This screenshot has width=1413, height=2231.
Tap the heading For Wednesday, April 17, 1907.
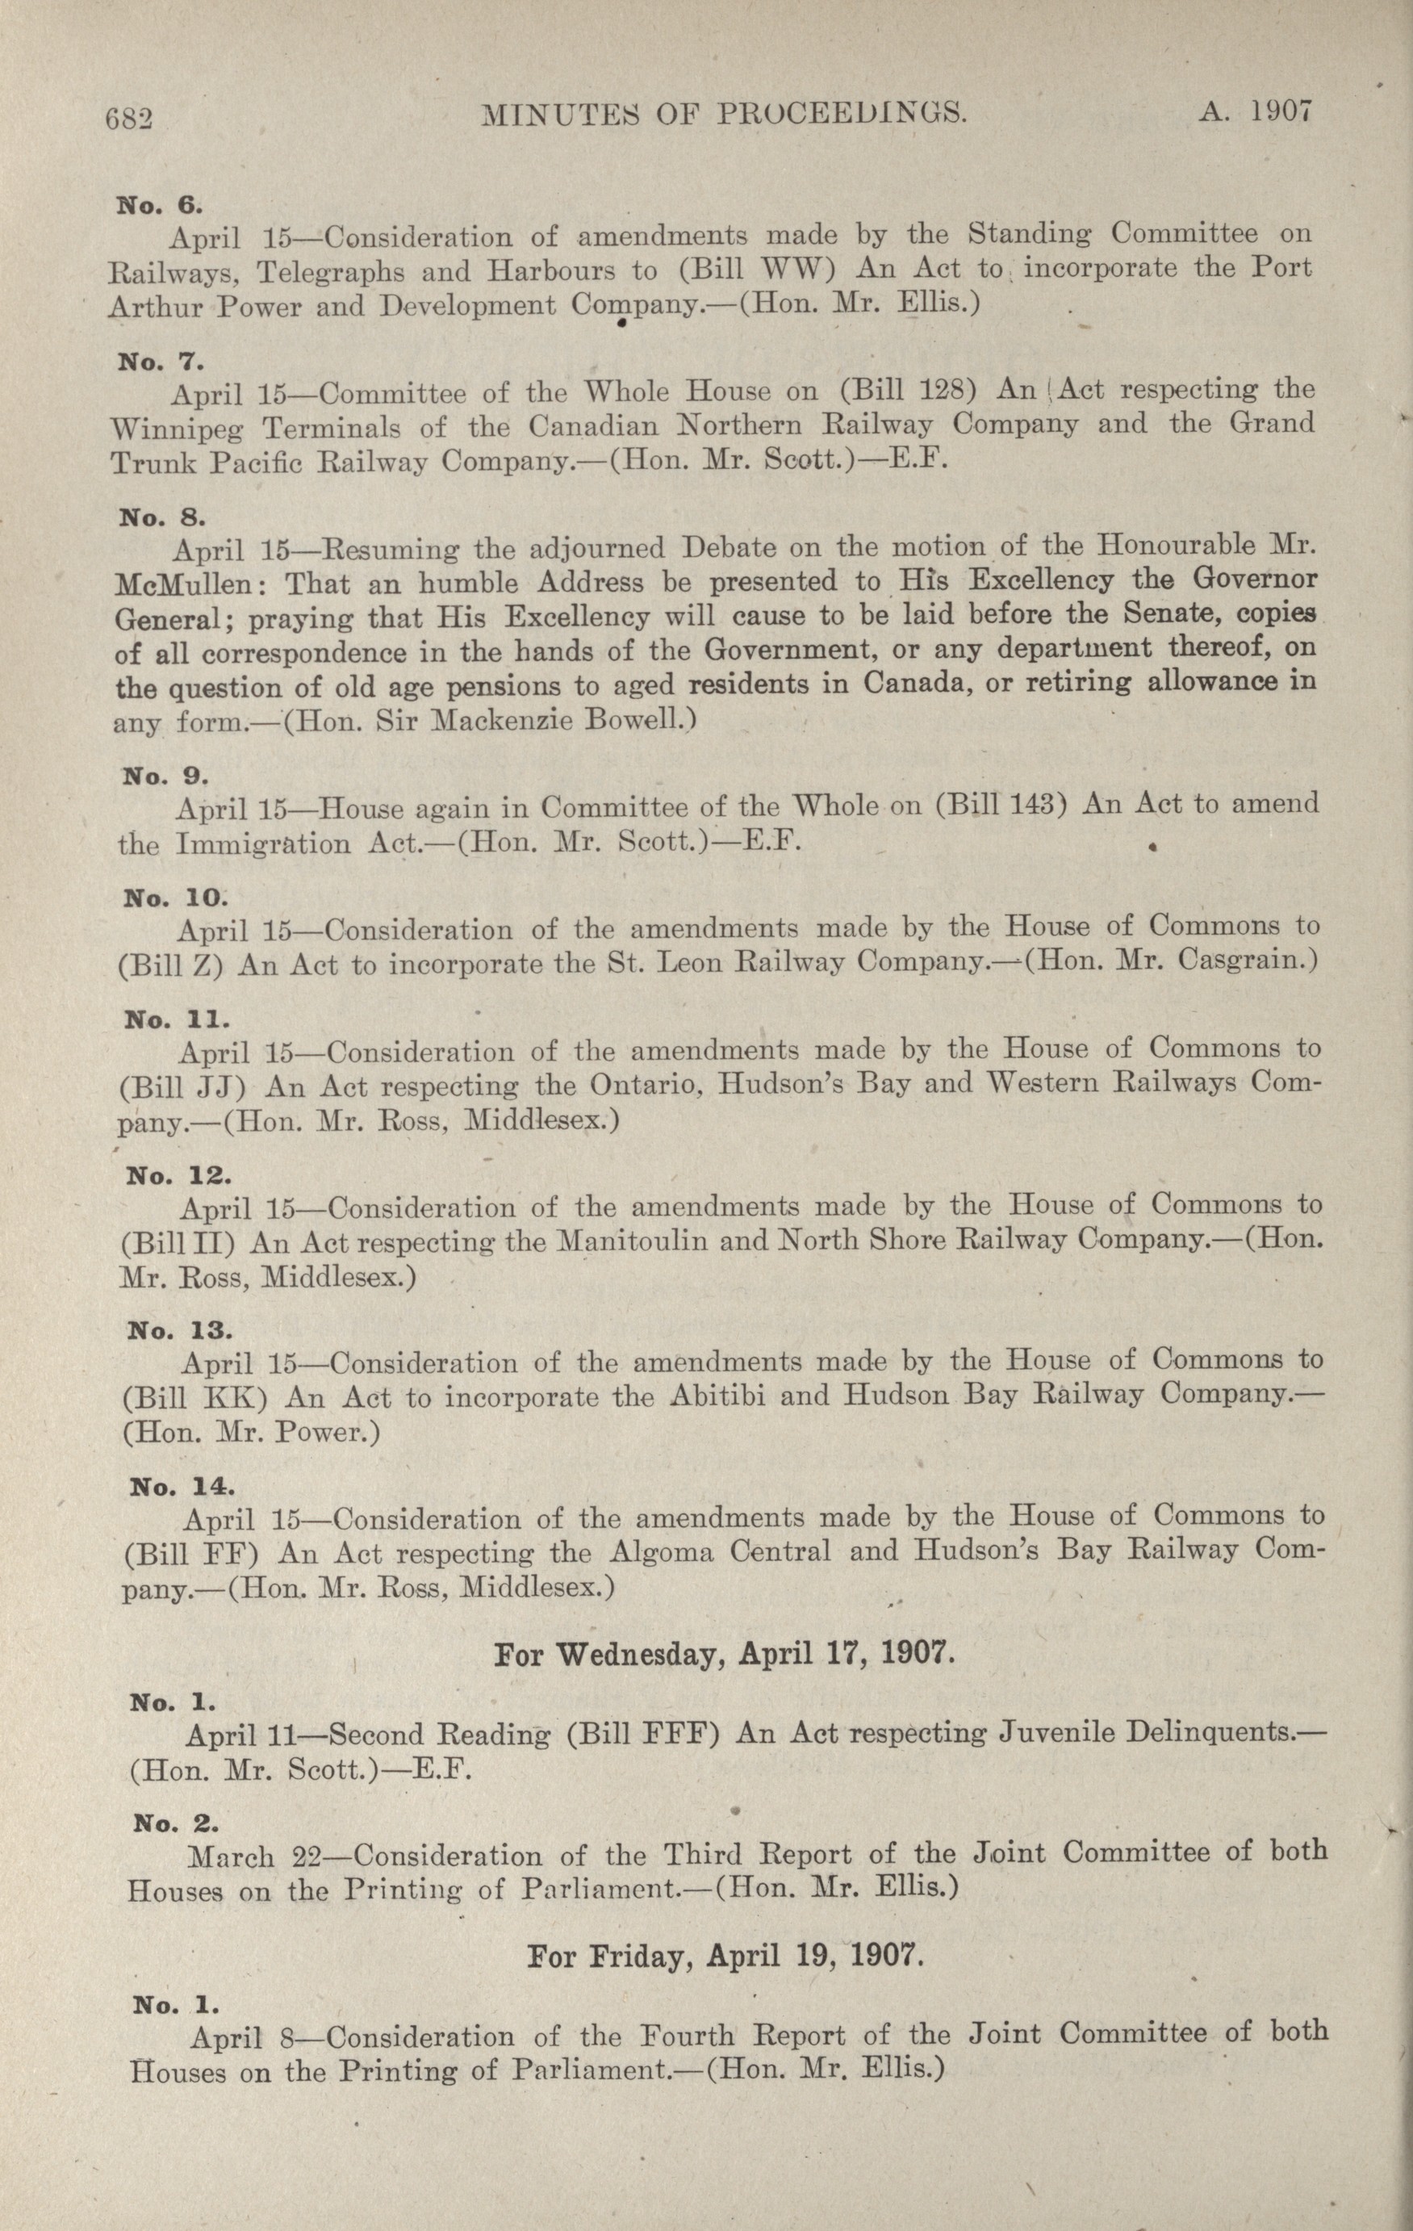(x=724, y=1654)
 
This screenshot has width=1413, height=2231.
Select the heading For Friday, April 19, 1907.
(x=725, y=1956)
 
